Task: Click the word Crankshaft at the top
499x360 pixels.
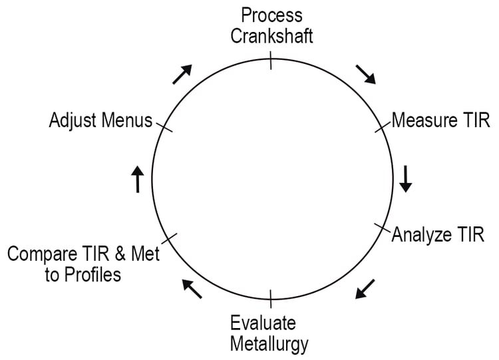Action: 271,35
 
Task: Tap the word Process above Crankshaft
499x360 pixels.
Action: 271,15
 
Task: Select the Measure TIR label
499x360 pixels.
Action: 440,120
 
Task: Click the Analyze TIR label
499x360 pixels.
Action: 438,234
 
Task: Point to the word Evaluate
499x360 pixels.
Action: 263,323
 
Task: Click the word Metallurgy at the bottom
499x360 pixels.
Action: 269,344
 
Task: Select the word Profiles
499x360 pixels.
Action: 93,274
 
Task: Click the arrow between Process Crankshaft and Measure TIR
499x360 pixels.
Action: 366,75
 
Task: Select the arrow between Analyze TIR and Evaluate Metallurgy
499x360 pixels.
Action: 365,289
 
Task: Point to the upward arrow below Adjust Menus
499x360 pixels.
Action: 138,178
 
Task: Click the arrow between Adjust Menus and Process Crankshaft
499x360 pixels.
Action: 182,74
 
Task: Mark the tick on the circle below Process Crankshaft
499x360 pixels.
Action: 271,62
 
